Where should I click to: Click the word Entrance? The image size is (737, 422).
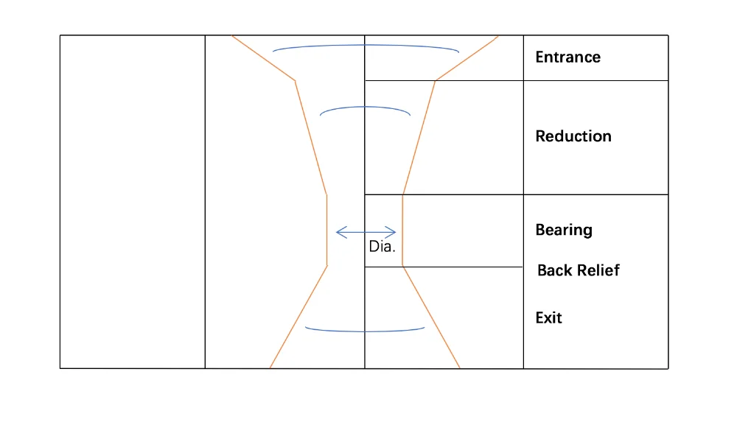(567, 57)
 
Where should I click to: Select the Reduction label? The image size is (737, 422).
(573, 136)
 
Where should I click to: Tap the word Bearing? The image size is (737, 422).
(563, 230)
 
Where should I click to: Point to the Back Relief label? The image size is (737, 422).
(578, 270)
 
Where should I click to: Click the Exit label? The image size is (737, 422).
(548, 318)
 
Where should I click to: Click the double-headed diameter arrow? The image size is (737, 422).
(366, 233)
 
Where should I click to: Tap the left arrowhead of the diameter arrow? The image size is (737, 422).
(339, 233)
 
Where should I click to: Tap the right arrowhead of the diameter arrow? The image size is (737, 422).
(393, 233)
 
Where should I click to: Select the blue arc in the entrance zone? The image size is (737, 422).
(366, 46)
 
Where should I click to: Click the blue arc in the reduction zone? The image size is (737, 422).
(365, 108)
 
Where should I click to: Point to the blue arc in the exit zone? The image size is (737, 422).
(365, 331)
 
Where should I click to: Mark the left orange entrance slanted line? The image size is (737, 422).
(264, 58)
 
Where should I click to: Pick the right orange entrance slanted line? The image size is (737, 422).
(467, 58)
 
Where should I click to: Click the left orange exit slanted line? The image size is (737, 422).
(298, 317)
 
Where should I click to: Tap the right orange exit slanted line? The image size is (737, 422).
(431, 317)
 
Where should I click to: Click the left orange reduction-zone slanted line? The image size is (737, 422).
(310, 137)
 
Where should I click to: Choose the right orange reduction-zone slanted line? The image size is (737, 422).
(419, 137)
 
